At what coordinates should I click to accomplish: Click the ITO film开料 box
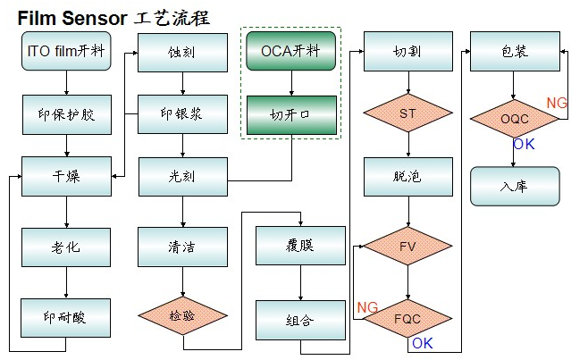click(66, 51)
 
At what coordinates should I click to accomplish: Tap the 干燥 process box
click(66, 175)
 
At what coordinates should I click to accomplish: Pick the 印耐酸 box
click(66, 316)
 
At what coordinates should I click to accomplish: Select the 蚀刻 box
click(182, 52)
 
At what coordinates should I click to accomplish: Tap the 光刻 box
click(182, 175)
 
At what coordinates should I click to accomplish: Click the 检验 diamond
click(182, 315)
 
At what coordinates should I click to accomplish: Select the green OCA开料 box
click(291, 51)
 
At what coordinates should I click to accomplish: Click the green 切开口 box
click(291, 114)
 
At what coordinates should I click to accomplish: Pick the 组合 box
click(300, 319)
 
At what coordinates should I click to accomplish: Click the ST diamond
click(407, 114)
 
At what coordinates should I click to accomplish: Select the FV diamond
click(407, 245)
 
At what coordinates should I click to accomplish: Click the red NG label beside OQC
click(557, 103)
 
